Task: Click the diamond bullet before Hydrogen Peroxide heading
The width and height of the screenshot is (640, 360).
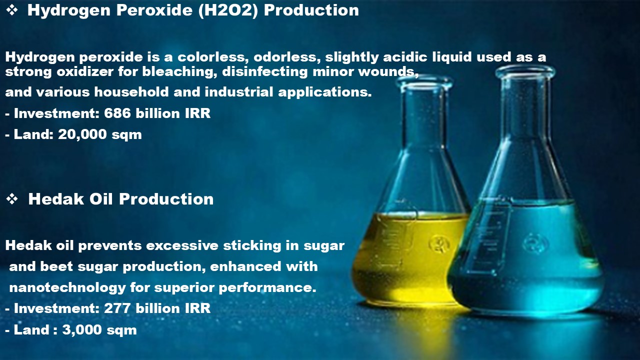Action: pos(12,10)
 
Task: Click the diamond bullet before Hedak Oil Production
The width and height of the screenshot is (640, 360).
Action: pos(12,199)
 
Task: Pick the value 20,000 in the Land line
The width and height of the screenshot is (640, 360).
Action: pos(82,134)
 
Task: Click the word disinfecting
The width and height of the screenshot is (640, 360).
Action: pos(265,71)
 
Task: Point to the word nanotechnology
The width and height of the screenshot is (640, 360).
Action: pos(67,287)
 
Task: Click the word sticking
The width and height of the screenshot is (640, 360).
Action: pos(252,246)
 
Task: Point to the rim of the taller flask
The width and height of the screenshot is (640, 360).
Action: pos(525,71)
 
